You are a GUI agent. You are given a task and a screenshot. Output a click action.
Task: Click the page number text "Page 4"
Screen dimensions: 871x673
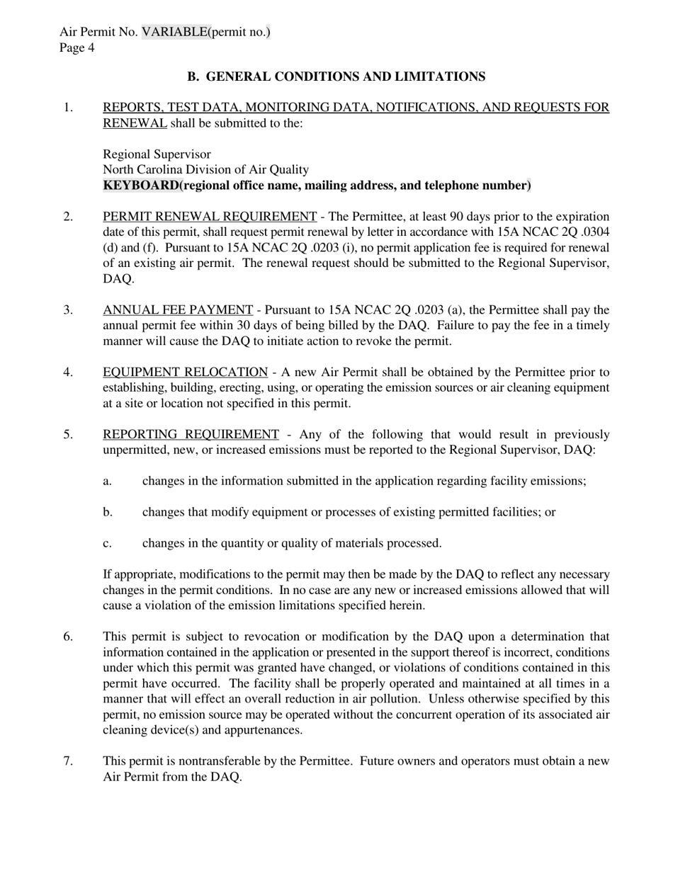(77, 47)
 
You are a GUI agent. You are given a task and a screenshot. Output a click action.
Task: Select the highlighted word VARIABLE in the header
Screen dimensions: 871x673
(175, 32)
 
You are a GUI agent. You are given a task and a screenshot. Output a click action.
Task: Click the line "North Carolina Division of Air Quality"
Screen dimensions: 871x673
(205, 170)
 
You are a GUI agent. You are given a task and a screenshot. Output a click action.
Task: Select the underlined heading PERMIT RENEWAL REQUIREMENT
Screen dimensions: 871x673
(210, 217)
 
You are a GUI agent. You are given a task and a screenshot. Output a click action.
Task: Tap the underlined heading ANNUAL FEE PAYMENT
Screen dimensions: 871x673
(178, 310)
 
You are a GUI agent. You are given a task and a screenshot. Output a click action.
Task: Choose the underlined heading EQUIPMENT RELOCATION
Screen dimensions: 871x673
(185, 372)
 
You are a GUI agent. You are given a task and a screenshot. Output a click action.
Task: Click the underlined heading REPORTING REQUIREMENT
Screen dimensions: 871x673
(191, 435)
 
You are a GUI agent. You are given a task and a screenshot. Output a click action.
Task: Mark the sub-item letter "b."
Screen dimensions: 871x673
(108, 512)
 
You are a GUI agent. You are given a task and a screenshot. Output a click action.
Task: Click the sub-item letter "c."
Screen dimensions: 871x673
(108, 543)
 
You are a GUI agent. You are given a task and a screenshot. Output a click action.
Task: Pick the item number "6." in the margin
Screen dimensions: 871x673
(68, 637)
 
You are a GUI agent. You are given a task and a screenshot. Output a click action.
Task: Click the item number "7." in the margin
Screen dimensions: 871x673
(68, 761)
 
